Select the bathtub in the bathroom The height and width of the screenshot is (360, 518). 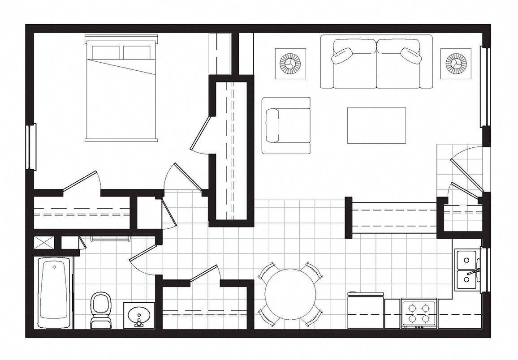click(x=55, y=292)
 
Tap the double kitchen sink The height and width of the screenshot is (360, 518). click(x=466, y=271)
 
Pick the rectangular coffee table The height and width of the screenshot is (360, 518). click(x=376, y=125)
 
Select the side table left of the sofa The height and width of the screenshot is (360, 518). click(x=290, y=64)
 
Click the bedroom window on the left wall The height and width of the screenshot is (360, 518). click(x=31, y=147)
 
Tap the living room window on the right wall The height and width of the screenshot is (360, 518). click(x=484, y=87)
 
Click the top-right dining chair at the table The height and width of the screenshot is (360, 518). click(x=312, y=271)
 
